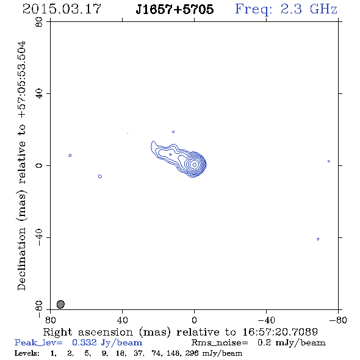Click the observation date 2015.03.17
coord(62,9)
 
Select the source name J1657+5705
coord(175,9)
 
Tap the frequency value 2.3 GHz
coord(309,9)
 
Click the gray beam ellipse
coord(60,304)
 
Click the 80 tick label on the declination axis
coord(39,22)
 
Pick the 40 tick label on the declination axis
coord(39,94)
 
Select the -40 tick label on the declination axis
coord(39,237)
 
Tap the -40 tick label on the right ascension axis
coord(266,320)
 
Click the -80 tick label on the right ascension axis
coord(338,320)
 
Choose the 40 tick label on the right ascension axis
coord(122,320)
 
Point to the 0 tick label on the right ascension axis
coord(194,320)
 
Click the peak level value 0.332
coord(84,342)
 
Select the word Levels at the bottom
coord(27,353)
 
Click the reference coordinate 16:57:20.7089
coord(280,332)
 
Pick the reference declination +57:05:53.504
coord(21,79)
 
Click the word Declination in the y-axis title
coord(21,259)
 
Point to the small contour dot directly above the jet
coord(173,132)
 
